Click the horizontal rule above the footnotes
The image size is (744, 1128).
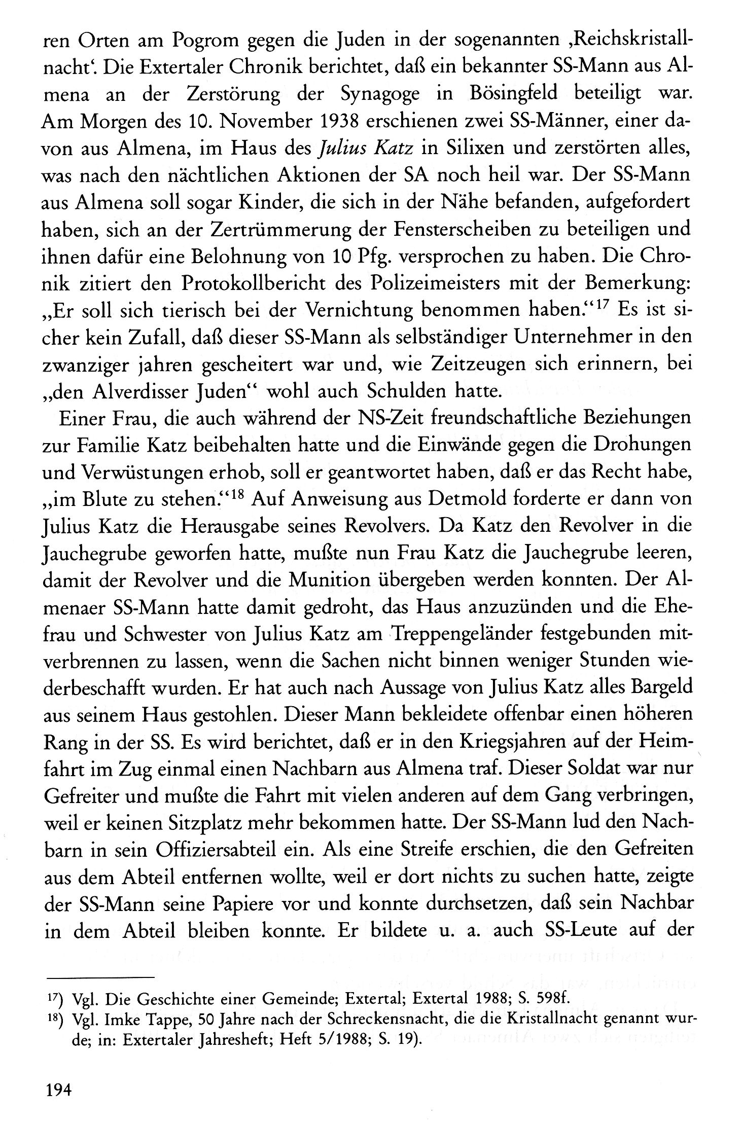click(x=99, y=975)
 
